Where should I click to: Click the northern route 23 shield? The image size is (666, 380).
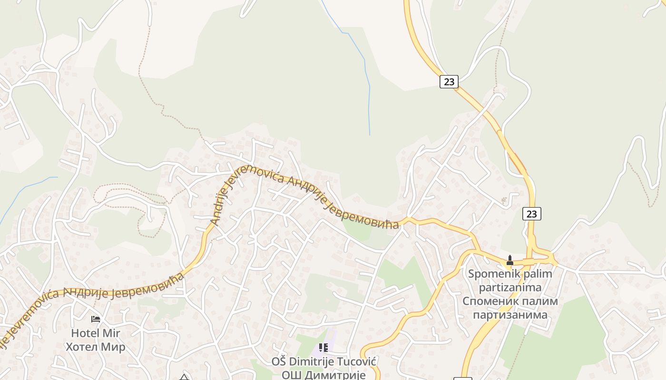pyautogui.click(x=449, y=82)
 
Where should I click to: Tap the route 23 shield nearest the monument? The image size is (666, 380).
pyautogui.click(x=531, y=214)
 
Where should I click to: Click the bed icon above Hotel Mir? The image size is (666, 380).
pyautogui.click(x=96, y=319)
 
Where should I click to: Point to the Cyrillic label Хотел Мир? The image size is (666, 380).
pyautogui.click(x=96, y=347)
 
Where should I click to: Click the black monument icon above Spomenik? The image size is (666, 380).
pyautogui.click(x=509, y=260)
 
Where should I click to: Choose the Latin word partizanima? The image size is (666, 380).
pyautogui.click(x=510, y=287)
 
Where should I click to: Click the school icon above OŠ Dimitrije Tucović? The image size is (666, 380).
pyautogui.click(x=323, y=348)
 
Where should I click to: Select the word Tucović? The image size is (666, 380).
pyautogui.click(x=353, y=361)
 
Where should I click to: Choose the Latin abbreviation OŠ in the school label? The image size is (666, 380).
pyautogui.click(x=279, y=361)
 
